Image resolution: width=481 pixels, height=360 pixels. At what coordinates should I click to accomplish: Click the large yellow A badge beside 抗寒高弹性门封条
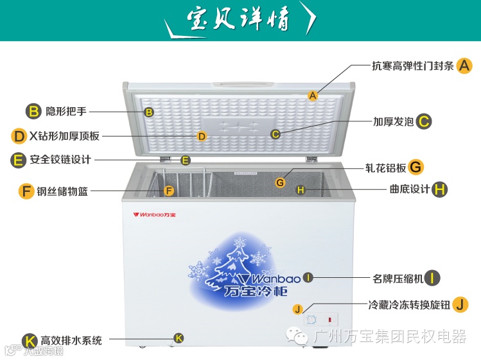(465, 65)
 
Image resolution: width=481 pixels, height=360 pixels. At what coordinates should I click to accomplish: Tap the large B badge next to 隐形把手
(33, 111)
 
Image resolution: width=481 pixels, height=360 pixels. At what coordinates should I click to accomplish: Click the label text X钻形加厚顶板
(64, 136)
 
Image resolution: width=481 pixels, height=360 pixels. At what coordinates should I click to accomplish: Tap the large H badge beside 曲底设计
(440, 189)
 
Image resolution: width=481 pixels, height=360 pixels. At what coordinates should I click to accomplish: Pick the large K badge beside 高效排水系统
(29, 341)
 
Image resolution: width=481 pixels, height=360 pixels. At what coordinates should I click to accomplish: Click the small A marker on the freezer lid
(313, 96)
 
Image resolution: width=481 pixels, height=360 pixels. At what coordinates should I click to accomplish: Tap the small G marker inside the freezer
(280, 183)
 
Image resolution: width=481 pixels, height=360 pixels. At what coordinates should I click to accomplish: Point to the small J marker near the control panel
(297, 309)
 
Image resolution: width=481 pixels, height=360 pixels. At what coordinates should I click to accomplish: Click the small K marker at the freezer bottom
(179, 338)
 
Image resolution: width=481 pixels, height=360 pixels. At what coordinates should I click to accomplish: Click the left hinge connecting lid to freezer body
(166, 158)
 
